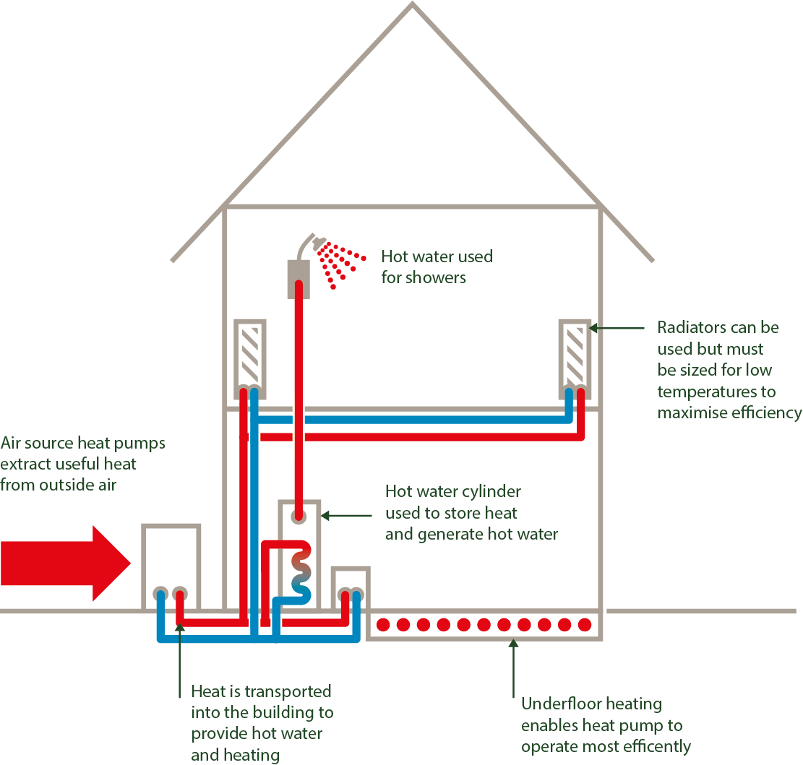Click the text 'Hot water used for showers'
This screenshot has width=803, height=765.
coord(437,267)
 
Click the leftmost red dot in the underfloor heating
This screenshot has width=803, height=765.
coord(383,623)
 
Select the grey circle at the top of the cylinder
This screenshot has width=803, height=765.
coord(298,516)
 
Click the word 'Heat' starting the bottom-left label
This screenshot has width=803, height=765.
coord(208,691)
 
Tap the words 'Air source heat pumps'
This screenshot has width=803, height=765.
coord(83,443)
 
